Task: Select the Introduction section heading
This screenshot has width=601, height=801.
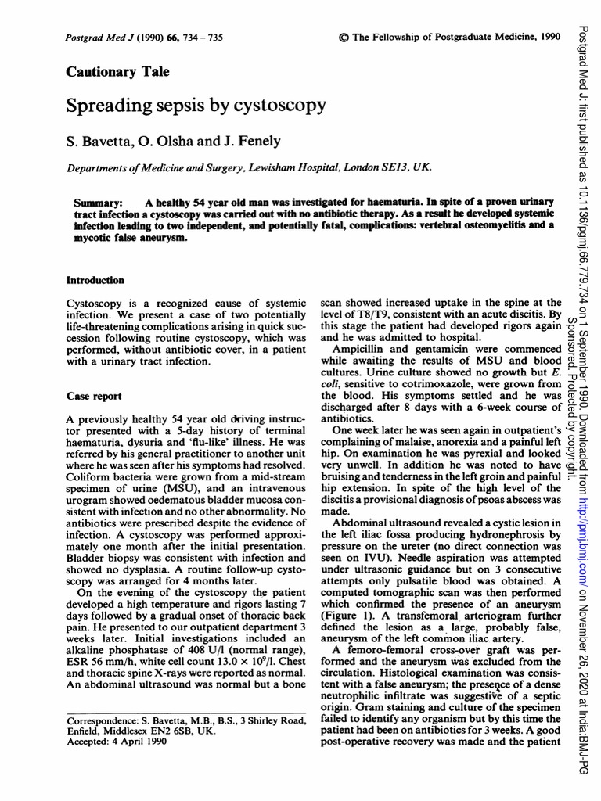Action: click(x=95, y=280)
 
